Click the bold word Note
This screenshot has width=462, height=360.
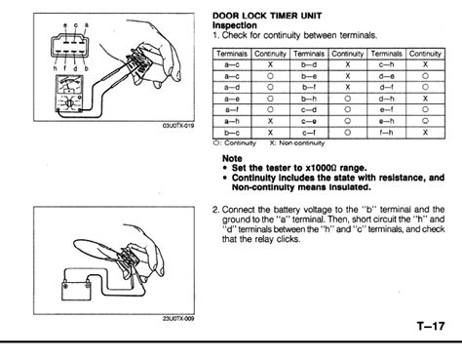pos(234,155)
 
